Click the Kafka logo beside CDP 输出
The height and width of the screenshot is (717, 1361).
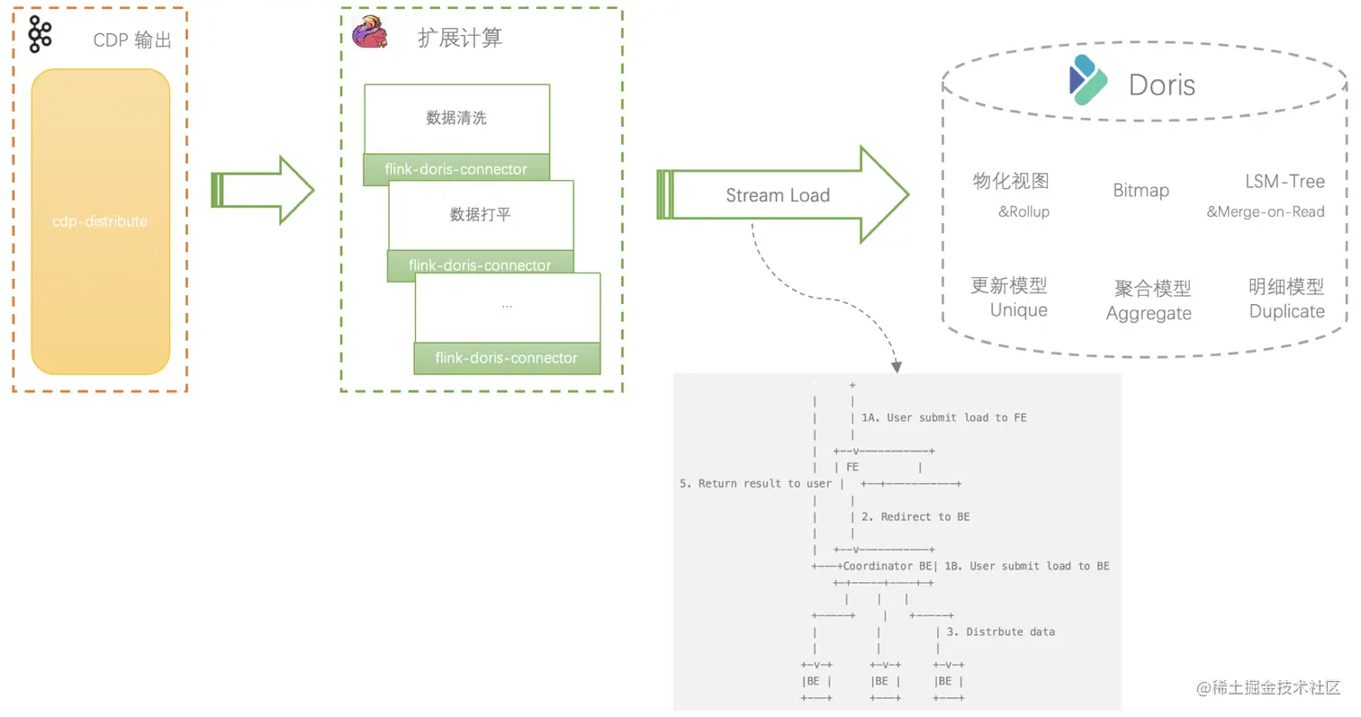[x=40, y=34]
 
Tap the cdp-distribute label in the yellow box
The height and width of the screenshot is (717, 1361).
[x=100, y=221]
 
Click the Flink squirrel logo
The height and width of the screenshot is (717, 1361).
[x=369, y=34]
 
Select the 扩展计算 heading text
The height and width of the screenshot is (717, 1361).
[x=460, y=38]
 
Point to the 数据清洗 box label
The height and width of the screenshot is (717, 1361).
[x=456, y=118]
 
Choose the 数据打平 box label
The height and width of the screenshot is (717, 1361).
[x=481, y=214]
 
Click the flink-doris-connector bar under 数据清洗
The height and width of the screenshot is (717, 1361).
[x=456, y=169]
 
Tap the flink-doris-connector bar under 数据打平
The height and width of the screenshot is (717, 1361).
[x=480, y=265]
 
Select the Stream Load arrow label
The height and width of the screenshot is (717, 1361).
[x=778, y=195]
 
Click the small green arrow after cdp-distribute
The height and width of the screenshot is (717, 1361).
[x=263, y=190]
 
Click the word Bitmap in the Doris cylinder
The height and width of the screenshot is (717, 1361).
[x=1140, y=191]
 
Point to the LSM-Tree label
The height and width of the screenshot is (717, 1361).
[x=1284, y=182]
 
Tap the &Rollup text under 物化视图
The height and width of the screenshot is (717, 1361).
[x=1023, y=212]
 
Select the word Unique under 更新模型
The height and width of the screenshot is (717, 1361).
[x=1019, y=310]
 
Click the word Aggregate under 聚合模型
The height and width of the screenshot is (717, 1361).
[x=1149, y=314]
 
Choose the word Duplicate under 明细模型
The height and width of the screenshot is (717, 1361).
[x=1286, y=311]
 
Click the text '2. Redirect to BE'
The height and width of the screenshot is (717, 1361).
[x=915, y=516]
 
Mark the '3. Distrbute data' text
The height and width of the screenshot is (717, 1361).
[x=1000, y=632]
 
